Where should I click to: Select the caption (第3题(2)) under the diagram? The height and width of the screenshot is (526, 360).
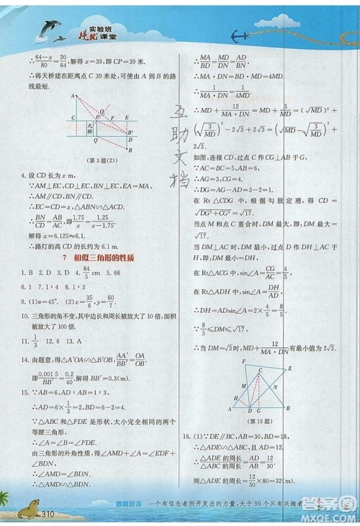[102, 159]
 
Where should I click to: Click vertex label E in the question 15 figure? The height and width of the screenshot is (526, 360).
[289, 368]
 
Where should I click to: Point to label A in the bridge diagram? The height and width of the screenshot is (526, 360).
[73, 96]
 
